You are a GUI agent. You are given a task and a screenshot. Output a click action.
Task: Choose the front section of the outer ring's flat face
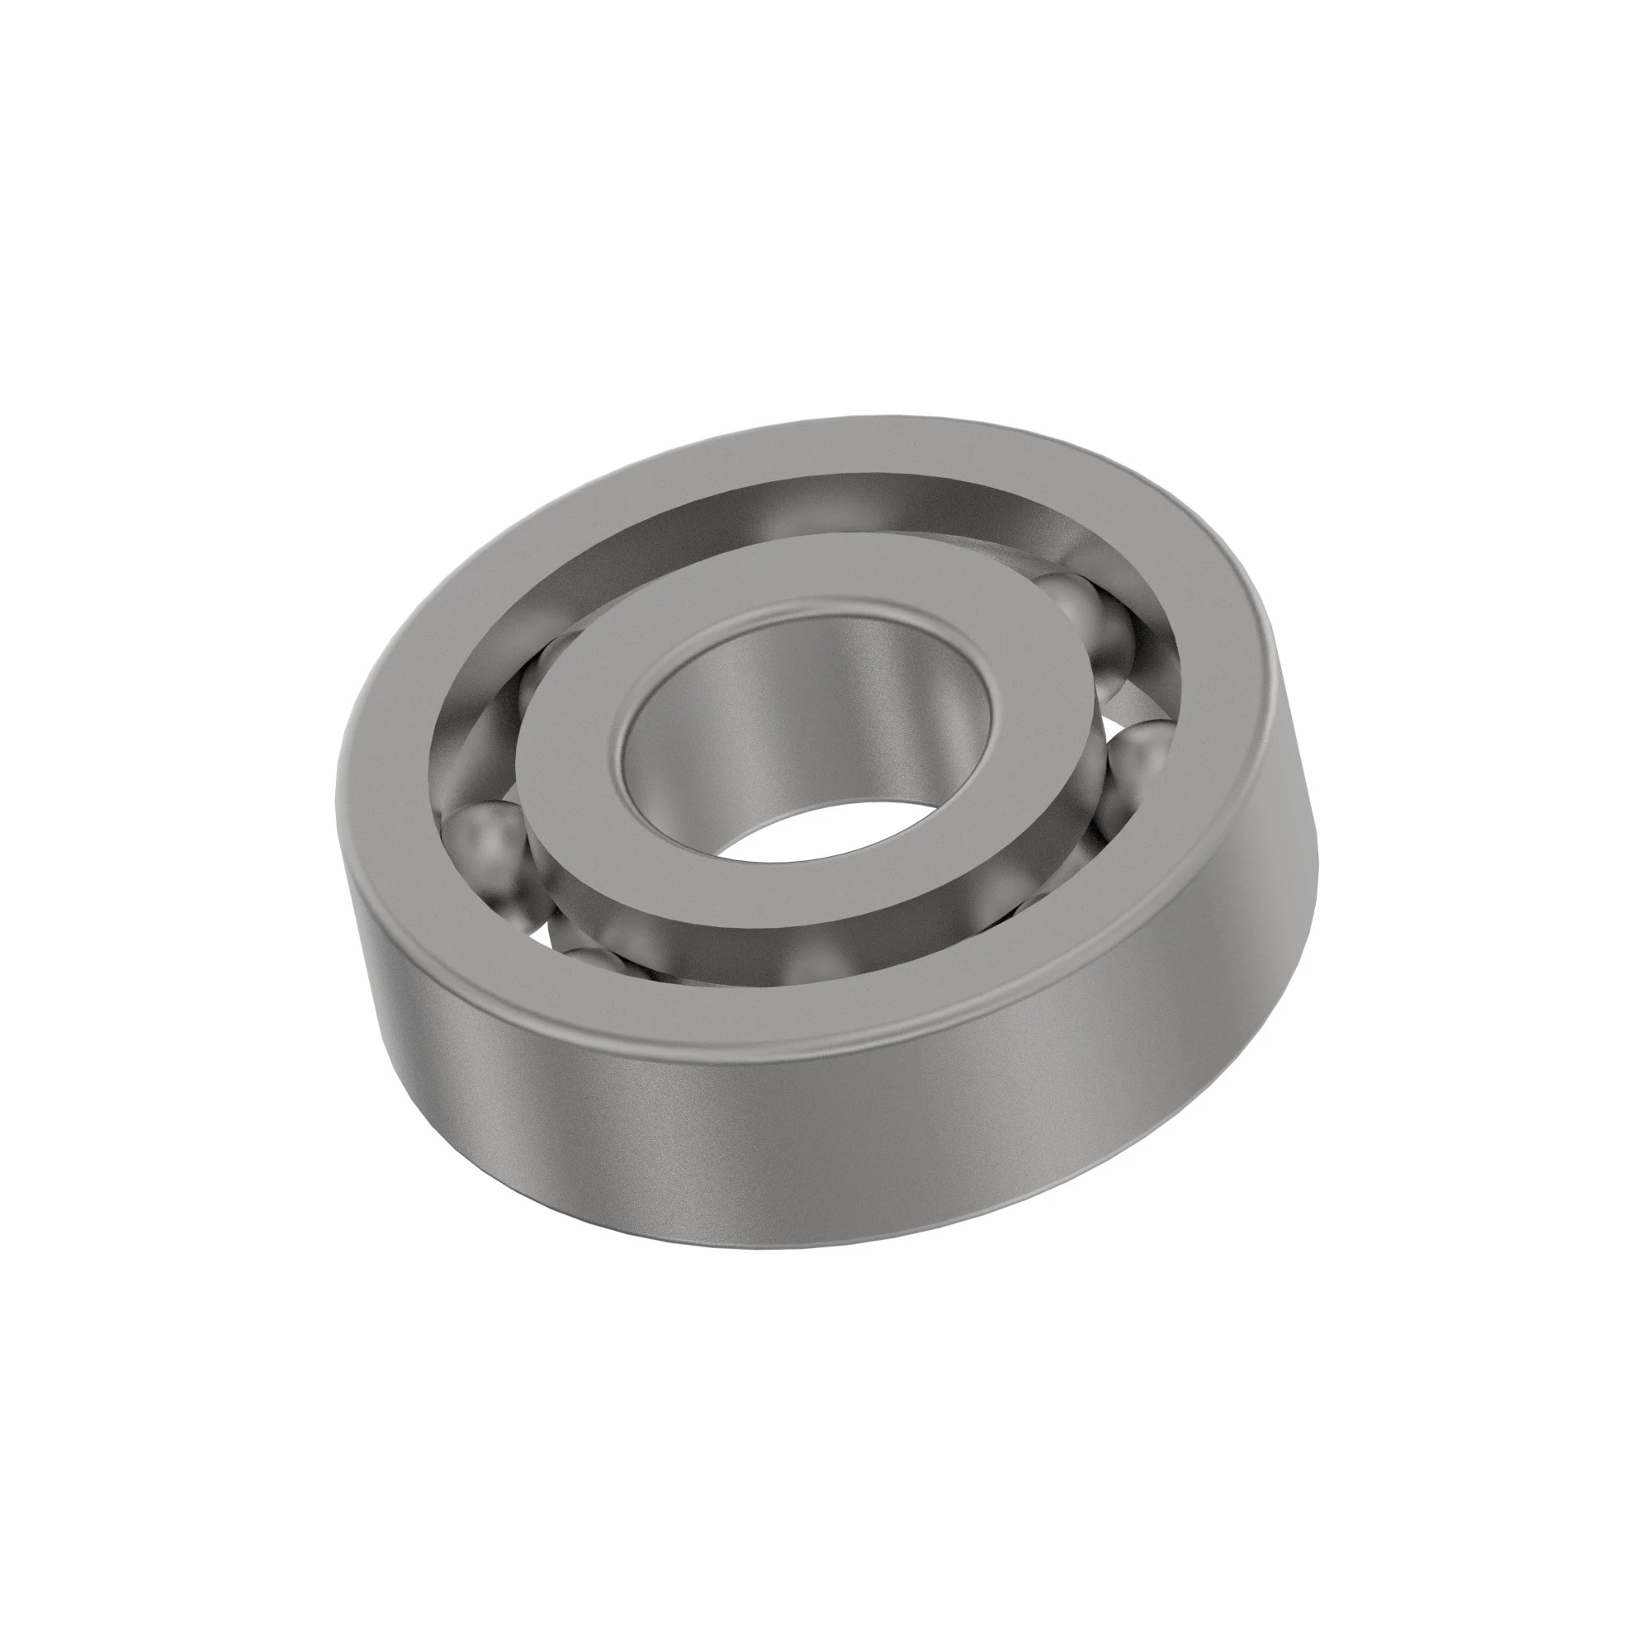pos(769,1017)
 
